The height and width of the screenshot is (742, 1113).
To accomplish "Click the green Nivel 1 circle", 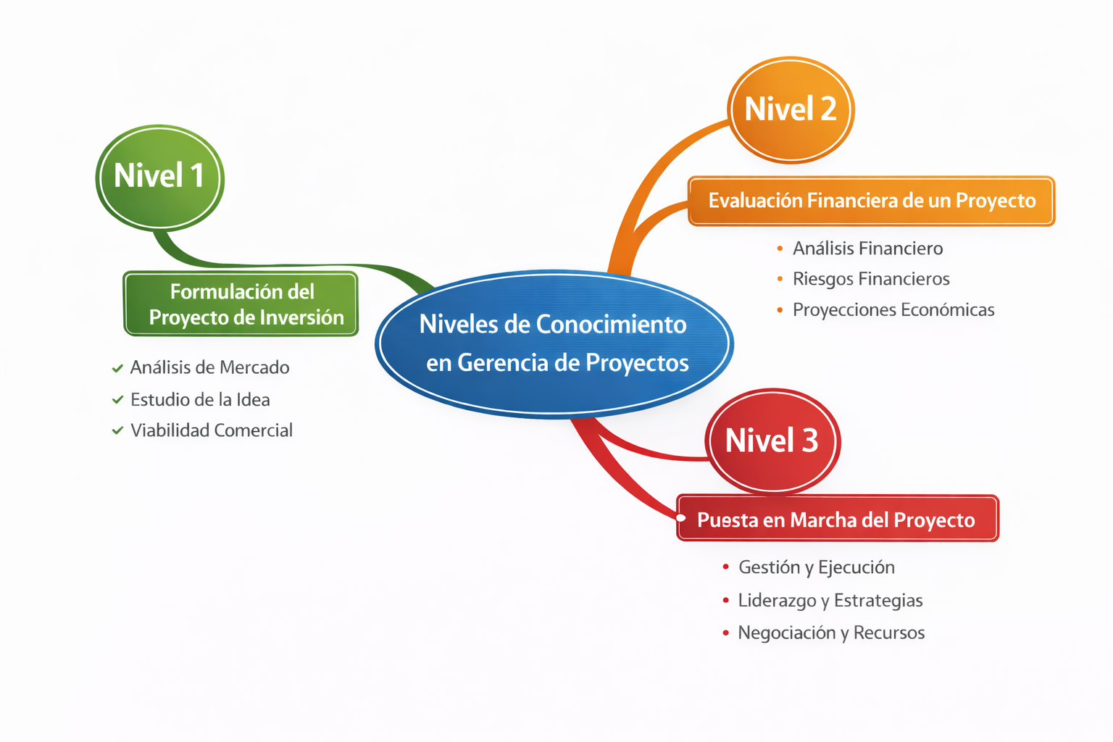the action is click(159, 178).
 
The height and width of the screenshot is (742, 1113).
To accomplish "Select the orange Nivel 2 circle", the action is click(791, 110).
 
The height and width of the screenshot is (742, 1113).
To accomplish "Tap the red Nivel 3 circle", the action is click(772, 441).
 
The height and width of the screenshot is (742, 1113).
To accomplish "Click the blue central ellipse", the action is click(554, 344).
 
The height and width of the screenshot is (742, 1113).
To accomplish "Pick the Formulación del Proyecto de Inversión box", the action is click(241, 304).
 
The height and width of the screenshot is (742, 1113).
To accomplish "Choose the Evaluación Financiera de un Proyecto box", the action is click(872, 201).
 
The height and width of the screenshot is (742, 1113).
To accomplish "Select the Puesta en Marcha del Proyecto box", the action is click(838, 518).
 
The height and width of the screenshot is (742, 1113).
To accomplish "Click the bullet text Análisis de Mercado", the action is click(209, 367).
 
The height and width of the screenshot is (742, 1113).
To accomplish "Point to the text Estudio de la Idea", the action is click(200, 399).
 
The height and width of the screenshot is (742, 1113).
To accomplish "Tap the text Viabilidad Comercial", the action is click(212, 430).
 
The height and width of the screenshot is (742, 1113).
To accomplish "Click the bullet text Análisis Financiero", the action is click(867, 248).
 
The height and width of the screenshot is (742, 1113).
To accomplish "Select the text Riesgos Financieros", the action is click(871, 279).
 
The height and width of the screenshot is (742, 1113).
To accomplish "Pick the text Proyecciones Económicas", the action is click(893, 309).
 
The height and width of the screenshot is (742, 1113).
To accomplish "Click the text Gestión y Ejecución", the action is click(817, 567).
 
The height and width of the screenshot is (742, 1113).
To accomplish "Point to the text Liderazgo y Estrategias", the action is click(830, 601).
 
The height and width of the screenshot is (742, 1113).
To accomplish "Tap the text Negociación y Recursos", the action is click(831, 633).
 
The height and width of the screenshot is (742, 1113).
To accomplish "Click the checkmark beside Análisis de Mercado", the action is click(117, 368).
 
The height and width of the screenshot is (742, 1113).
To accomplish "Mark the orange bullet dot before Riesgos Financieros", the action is click(780, 279).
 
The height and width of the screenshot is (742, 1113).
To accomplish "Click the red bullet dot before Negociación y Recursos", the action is click(726, 633).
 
